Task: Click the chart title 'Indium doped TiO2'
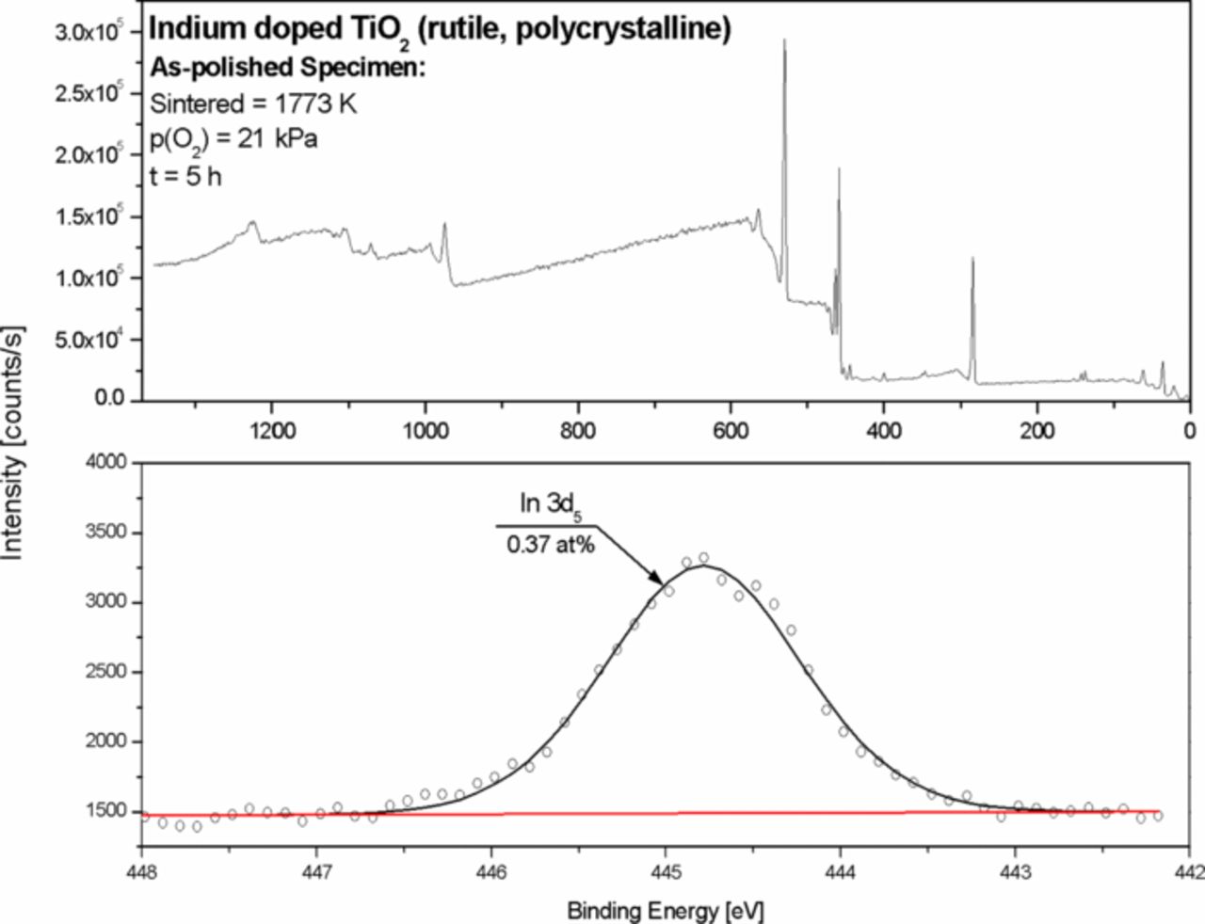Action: (x=279, y=30)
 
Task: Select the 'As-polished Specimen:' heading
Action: (x=288, y=68)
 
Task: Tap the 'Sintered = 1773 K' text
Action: (x=253, y=104)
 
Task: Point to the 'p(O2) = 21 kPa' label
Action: (x=233, y=139)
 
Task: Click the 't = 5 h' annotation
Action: (x=185, y=177)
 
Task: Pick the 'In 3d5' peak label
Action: (x=551, y=505)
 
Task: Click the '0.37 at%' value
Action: (x=551, y=544)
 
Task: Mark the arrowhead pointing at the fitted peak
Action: (x=657, y=579)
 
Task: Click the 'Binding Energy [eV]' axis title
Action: (x=665, y=911)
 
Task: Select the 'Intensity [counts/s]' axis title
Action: (x=13, y=442)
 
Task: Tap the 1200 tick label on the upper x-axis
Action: (x=272, y=431)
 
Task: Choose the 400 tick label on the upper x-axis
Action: (x=884, y=431)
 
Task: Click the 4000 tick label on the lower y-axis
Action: (x=106, y=462)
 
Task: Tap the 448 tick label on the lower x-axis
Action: (x=141, y=872)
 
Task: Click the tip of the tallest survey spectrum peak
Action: (x=784, y=40)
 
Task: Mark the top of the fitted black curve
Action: (x=703, y=566)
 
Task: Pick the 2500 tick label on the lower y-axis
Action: (x=106, y=671)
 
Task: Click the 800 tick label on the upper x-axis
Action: (x=578, y=431)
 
